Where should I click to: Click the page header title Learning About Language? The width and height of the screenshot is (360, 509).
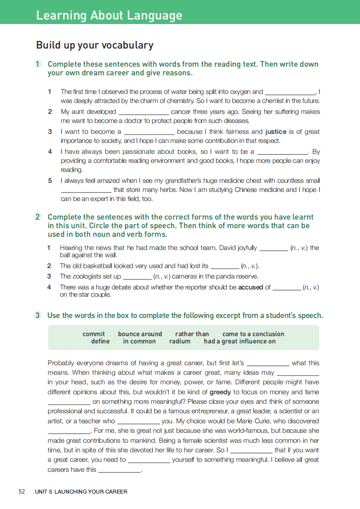point(109,15)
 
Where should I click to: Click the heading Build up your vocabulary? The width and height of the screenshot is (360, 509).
point(94,45)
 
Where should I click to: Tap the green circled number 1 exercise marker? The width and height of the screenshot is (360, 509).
point(39,64)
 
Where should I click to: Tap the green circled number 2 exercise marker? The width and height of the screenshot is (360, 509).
point(39,217)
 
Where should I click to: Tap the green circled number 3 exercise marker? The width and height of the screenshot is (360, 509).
point(39,315)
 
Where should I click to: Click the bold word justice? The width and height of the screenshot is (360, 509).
point(276,132)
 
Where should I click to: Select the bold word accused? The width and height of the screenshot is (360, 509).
point(251,287)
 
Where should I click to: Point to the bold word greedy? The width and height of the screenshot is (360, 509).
point(220,392)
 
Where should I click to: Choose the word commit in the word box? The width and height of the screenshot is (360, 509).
point(94,334)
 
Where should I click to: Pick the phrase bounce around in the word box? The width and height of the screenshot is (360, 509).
point(140,334)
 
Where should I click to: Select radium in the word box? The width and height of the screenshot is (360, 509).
point(180,341)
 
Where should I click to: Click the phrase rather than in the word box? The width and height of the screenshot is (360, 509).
point(192,334)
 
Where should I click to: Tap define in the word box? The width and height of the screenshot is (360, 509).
point(100,341)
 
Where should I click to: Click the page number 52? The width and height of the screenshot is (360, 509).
point(22,491)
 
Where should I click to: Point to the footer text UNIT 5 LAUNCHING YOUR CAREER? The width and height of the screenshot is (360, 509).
point(81,491)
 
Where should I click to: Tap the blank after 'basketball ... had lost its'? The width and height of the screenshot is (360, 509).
point(225,267)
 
